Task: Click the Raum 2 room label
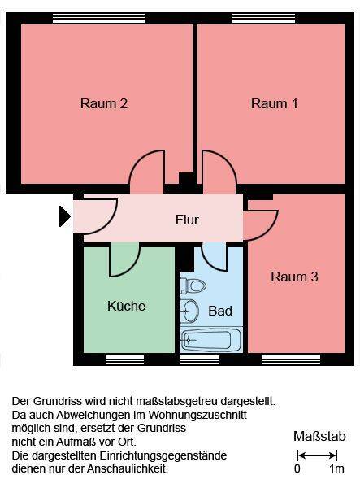point(104,103)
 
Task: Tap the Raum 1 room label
point(275,103)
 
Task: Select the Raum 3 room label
point(294,277)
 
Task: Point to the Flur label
point(187,220)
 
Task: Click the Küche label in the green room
point(127,306)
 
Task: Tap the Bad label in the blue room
point(220,311)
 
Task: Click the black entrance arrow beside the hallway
point(65,216)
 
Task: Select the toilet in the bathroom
point(193,285)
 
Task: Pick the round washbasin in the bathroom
point(189,311)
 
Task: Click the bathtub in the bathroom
point(211,339)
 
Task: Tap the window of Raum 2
point(99,19)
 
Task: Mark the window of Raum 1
point(263,19)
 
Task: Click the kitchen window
point(125,359)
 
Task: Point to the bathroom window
point(200,359)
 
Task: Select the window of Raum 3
point(291,359)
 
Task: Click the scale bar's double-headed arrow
point(317,455)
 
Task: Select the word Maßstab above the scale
point(319,436)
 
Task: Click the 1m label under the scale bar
point(336,468)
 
